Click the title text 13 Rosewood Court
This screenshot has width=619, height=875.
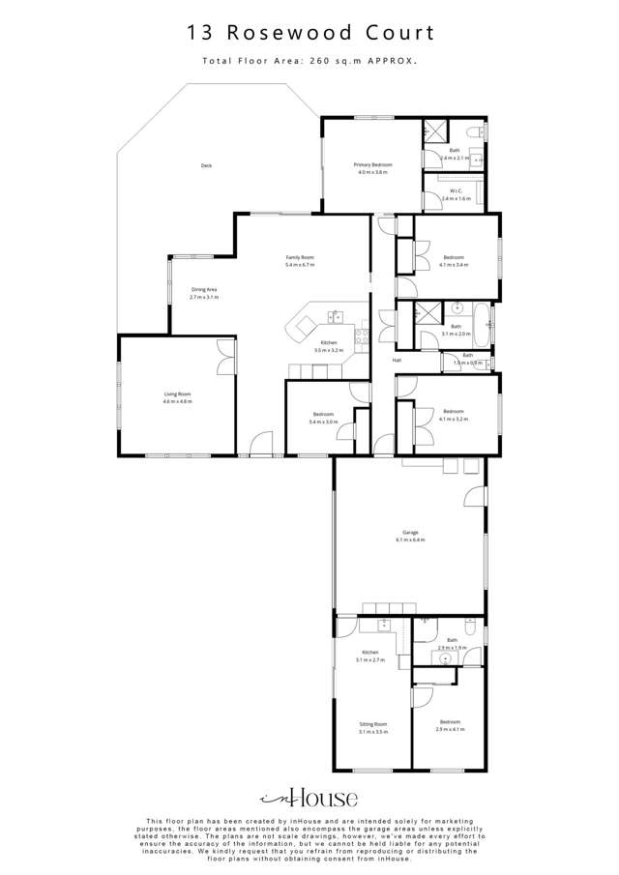(x=309, y=33)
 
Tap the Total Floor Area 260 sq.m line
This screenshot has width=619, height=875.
(x=309, y=60)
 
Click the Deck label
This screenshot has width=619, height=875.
(x=206, y=165)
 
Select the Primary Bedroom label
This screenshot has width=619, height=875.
(x=372, y=165)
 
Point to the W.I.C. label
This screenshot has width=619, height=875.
(x=454, y=190)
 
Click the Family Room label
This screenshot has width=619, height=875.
(x=300, y=256)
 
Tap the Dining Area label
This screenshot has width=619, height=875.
(x=204, y=290)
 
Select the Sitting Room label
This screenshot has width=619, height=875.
(x=372, y=723)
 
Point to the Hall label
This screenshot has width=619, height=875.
(x=397, y=361)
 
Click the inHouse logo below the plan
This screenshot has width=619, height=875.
(x=309, y=798)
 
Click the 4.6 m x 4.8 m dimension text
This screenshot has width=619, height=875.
(x=177, y=401)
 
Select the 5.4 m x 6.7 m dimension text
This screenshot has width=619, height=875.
(x=300, y=264)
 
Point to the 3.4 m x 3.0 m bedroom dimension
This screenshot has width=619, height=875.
(x=323, y=422)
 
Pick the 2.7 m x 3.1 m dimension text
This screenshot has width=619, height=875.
(x=204, y=298)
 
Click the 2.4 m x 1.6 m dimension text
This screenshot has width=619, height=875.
(x=455, y=198)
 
